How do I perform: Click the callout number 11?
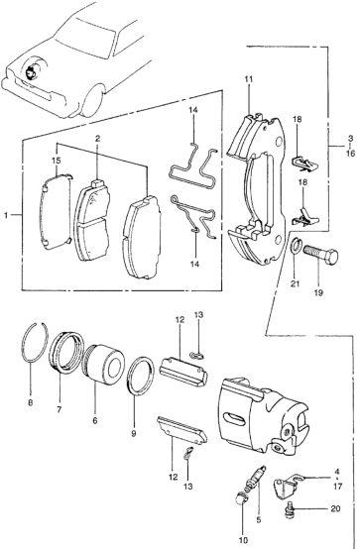(249, 79)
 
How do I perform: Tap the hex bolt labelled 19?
(320, 254)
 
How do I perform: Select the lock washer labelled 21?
(296, 246)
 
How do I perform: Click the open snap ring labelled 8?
(35, 341)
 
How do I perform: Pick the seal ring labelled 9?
(140, 375)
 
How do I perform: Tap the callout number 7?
(59, 409)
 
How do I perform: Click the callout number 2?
(97, 138)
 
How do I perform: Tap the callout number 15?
(57, 161)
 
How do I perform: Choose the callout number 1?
(6, 215)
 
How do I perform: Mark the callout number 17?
(337, 486)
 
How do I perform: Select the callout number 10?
(244, 540)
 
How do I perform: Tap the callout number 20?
(335, 508)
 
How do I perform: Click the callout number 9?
(134, 434)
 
